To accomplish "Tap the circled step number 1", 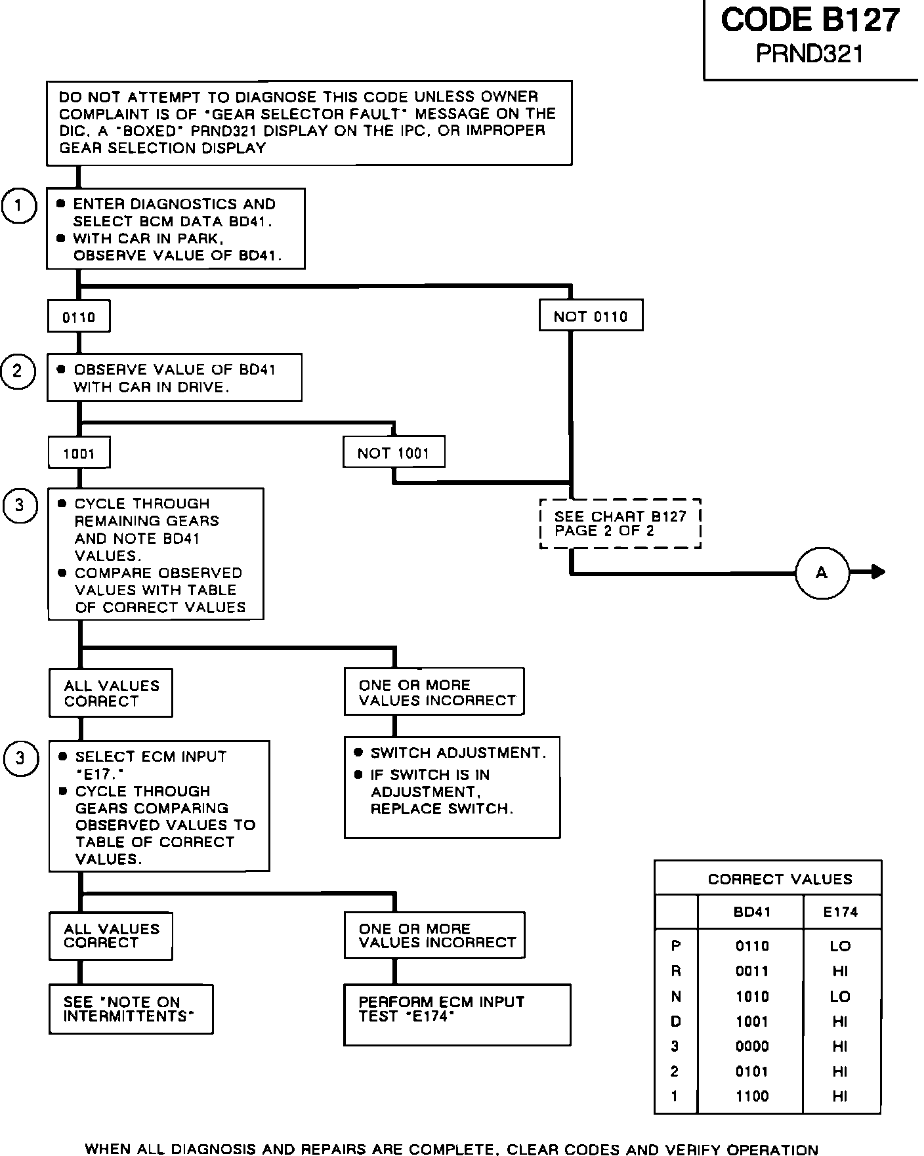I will click(19, 206).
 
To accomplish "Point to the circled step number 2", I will click(18, 371).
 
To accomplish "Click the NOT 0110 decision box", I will click(591, 316).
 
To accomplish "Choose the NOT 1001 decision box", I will click(394, 452).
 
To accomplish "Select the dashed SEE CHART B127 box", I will click(620, 524).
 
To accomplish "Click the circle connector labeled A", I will click(822, 573).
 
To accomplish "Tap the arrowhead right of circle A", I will click(877, 573).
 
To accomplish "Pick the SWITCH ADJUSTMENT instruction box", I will click(452, 787).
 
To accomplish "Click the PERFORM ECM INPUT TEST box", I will click(457, 1014).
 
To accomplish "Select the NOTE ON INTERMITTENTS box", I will click(131, 1009).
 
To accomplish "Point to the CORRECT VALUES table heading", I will click(780, 878).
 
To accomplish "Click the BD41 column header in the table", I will click(751, 911).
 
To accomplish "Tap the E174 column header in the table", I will click(841, 911).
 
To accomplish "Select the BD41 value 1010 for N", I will click(752, 997).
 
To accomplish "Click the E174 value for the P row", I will click(841, 946).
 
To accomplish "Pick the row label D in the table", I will click(676, 1022).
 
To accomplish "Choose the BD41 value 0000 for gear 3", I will click(752, 1046).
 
